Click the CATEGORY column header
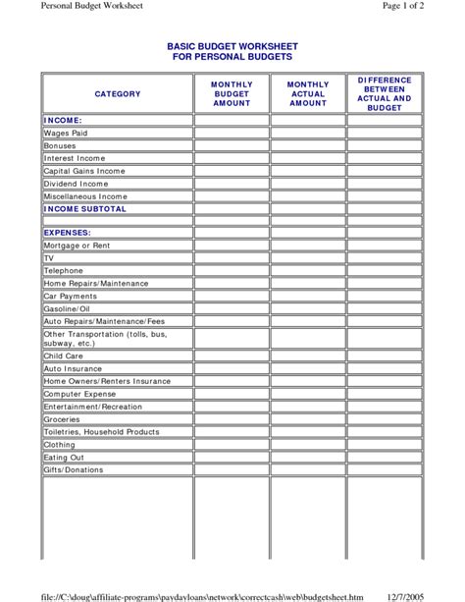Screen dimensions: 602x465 (x=117, y=93)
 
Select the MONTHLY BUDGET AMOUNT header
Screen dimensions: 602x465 (x=232, y=93)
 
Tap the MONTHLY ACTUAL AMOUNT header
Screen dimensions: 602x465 (x=308, y=93)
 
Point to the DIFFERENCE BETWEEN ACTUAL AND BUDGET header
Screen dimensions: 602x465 (x=384, y=93)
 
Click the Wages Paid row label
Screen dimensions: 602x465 (x=66, y=133)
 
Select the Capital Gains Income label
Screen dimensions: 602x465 (x=83, y=171)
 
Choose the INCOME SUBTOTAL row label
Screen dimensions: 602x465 (x=85, y=209)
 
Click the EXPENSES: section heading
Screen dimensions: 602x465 (x=68, y=233)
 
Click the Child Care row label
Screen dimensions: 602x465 (x=64, y=356)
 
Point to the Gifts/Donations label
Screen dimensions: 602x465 (x=74, y=469)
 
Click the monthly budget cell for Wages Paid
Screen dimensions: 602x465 (x=232, y=133)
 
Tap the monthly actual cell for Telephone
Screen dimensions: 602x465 (x=308, y=270)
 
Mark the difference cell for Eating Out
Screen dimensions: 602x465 (x=384, y=457)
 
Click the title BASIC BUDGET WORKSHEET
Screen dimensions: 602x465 (x=232, y=46)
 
